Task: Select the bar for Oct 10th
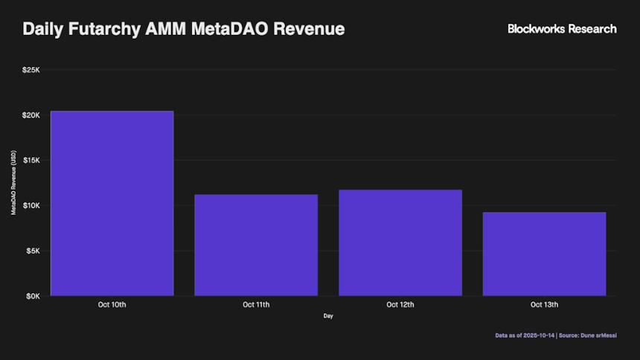(112, 203)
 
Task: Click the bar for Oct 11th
(256, 245)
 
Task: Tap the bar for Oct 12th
(400, 242)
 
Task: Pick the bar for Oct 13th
(544, 254)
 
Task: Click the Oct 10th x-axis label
(112, 305)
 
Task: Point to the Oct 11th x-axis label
(256, 305)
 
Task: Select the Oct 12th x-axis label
(400, 305)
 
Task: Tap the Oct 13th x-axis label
(544, 305)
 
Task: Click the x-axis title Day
(328, 317)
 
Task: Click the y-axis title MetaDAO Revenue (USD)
(13, 183)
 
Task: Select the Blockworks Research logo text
(562, 29)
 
